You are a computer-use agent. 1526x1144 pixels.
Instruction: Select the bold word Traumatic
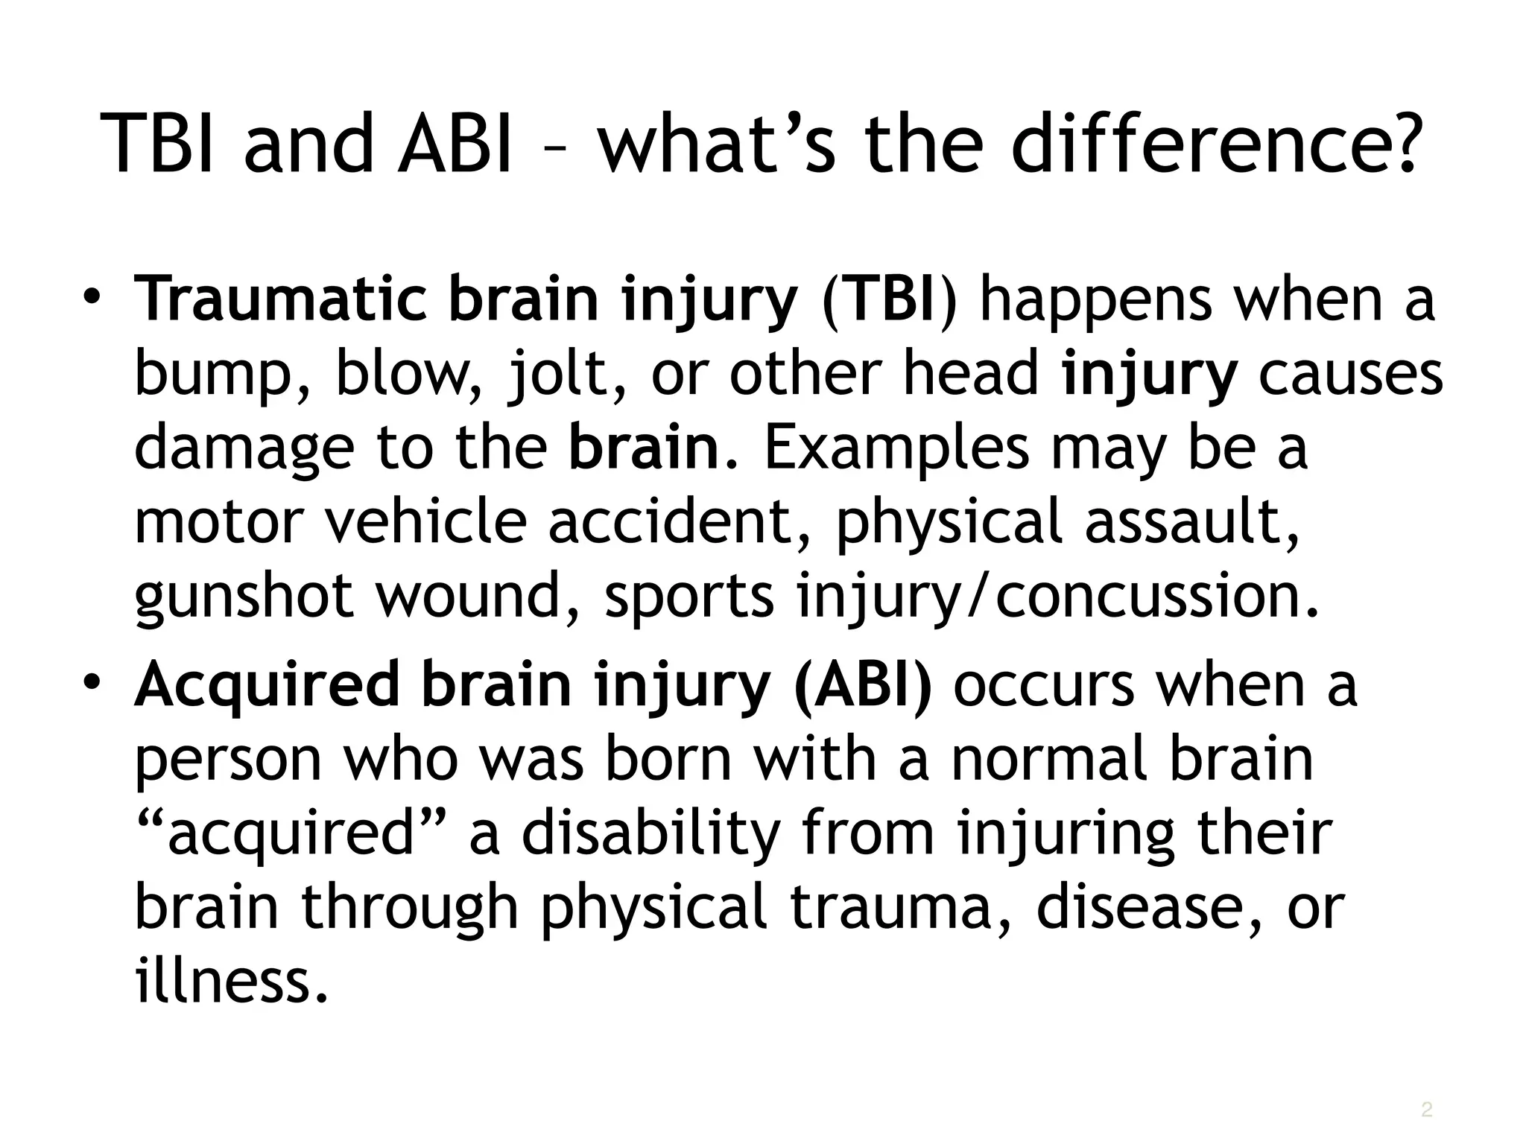click(x=280, y=299)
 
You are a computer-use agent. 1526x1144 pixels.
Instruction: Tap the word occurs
click(x=1044, y=684)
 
